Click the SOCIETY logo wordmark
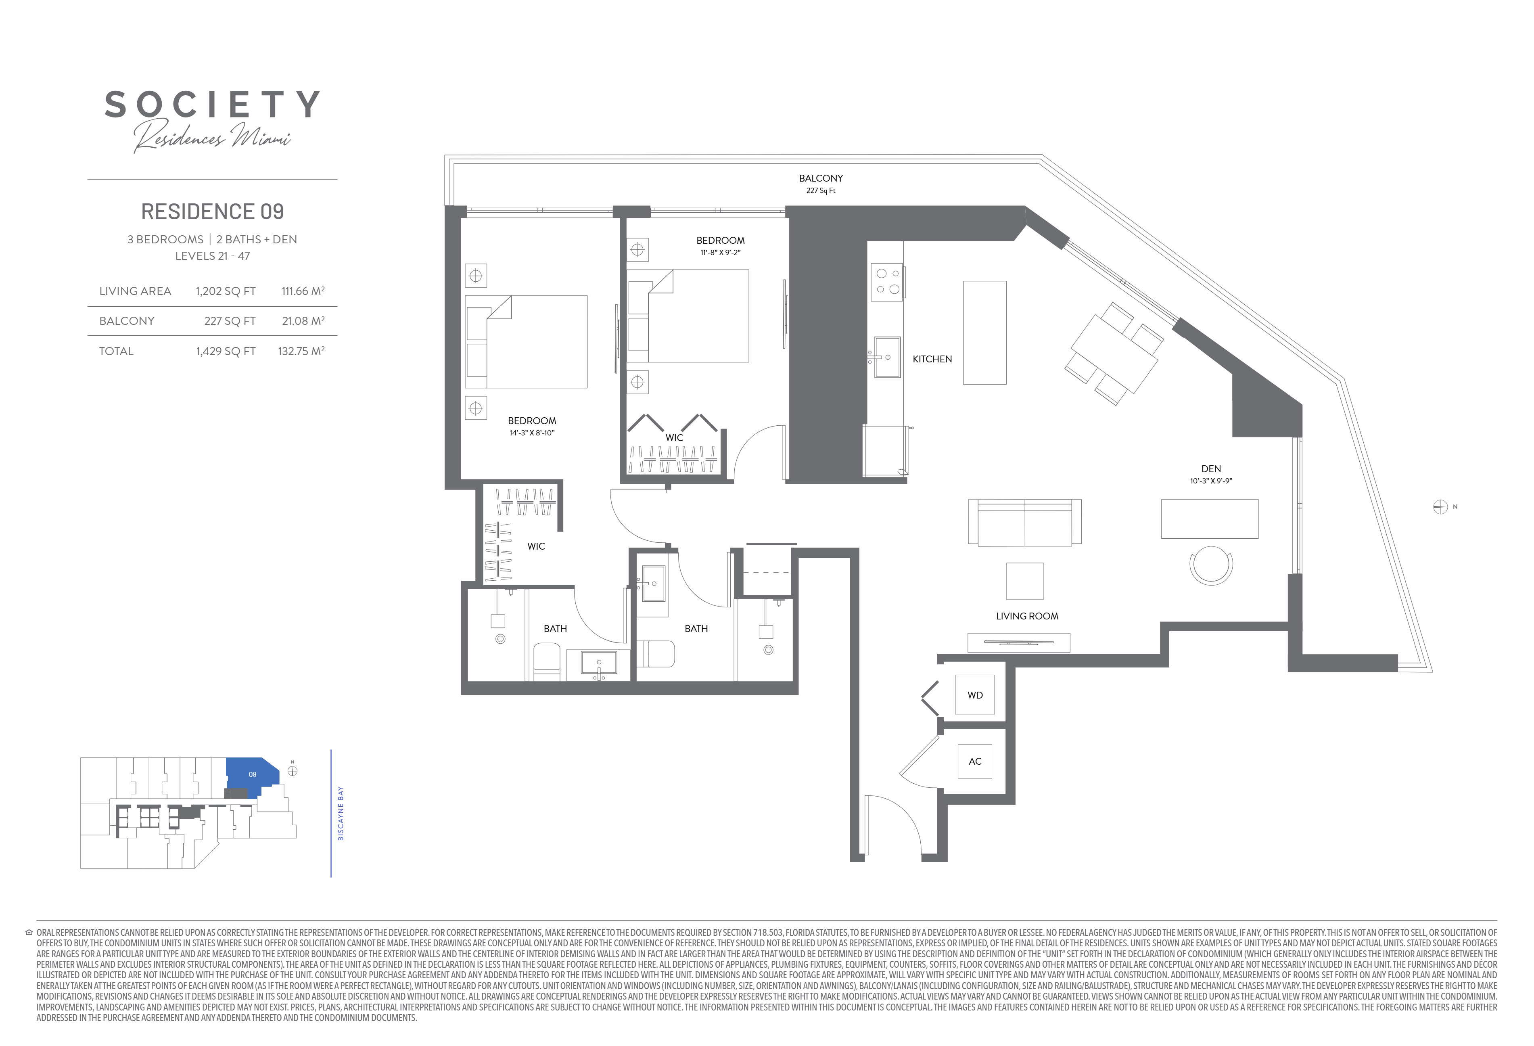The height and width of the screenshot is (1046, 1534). (x=213, y=105)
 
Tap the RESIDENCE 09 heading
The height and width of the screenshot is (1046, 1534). (x=213, y=211)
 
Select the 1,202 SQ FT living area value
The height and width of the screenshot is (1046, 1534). (x=226, y=291)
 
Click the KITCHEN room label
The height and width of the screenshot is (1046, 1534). (x=932, y=359)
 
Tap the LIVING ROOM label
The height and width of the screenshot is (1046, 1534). (x=1027, y=616)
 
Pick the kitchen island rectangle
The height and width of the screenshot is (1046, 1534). (x=985, y=333)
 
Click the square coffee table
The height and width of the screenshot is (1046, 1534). (x=1024, y=581)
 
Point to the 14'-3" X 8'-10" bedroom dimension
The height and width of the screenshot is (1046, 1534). (x=532, y=433)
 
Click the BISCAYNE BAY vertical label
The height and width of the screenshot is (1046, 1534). (x=341, y=814)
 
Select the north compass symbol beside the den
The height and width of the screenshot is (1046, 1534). (x=1440, y=507)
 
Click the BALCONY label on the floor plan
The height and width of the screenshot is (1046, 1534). (x=821, y=178)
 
